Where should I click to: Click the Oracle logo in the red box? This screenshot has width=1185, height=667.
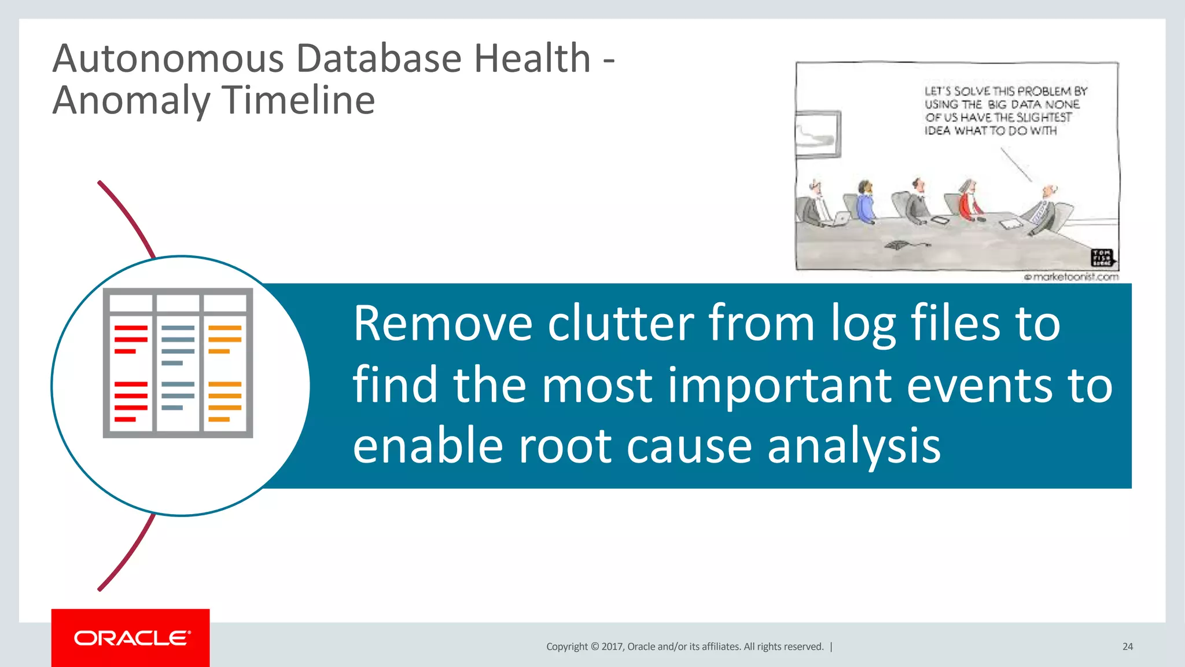tap(131, 638)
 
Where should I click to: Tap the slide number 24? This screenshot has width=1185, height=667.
tap(1127, 647)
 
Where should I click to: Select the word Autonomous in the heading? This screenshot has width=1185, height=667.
tap(168, 59)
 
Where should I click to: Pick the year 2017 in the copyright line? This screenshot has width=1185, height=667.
tap(612, 647)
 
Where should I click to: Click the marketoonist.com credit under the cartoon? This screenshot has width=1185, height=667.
tap(1071, 277)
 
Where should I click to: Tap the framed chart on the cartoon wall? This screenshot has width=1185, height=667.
tap(817, 134)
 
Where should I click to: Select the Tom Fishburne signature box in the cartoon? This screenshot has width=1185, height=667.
tap(1101, 257)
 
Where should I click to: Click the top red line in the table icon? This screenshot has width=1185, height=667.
tap(131, 328)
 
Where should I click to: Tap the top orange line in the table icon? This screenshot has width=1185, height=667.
tap(225, 328)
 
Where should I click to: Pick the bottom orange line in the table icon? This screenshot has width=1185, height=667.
tap(219, 419)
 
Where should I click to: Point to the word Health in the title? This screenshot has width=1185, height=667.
tap(532, 59)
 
